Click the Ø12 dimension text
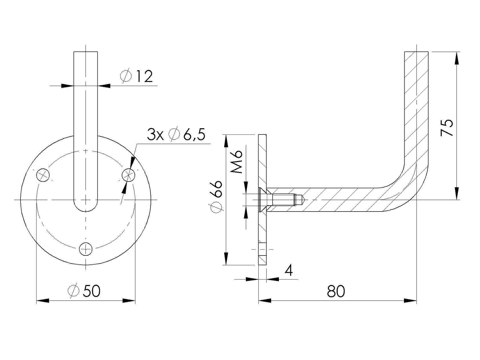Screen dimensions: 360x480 click(137, 76)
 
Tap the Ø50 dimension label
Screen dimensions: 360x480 click(85, 291)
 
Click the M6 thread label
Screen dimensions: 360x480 click(237, 162)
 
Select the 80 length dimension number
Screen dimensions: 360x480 click(336, 291)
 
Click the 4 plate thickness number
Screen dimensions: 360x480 click(289, 270)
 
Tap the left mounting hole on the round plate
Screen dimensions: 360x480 click(43, 175)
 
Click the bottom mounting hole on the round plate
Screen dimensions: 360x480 click(85, 250)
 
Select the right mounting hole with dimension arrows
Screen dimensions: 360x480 click(129, 175)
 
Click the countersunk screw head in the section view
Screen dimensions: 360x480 click(262, 200)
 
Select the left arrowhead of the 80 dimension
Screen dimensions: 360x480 click(265, 301)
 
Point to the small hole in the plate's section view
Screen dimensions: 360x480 click(263, 249)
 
